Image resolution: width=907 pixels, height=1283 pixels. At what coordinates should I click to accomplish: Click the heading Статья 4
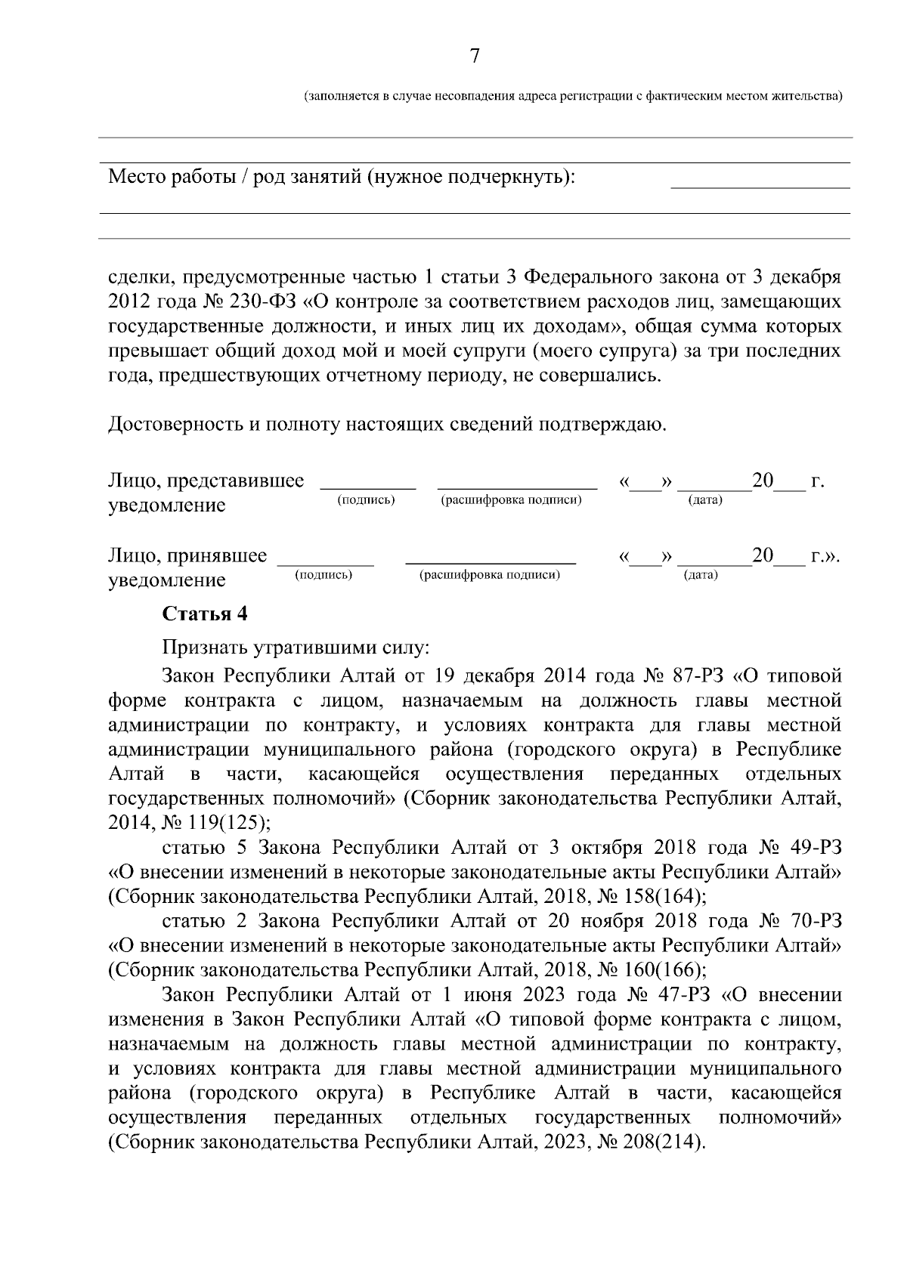[x=205, y=614]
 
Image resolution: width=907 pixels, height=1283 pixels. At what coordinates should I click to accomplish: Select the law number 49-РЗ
[x=813, y=846]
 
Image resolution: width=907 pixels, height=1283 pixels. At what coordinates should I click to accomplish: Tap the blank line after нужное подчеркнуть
[x=760, y=182]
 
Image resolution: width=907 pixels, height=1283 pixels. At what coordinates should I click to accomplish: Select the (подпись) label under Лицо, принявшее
[x=323, y=575]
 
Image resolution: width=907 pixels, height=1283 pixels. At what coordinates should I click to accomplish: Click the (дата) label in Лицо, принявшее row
[x=701, y=575]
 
